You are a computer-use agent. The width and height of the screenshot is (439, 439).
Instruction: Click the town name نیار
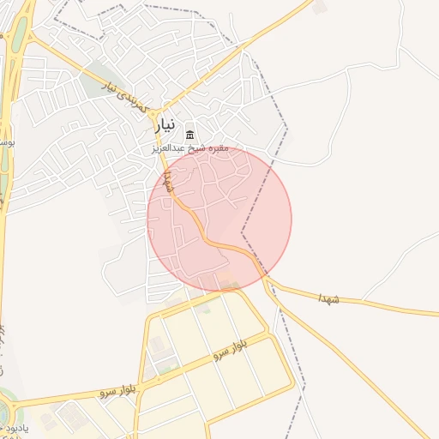165,125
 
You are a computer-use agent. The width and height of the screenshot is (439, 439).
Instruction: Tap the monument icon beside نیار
190,135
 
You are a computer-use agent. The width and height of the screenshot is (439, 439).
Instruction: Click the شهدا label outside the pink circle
328,298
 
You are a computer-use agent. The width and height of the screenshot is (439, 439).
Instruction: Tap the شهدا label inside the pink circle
169,181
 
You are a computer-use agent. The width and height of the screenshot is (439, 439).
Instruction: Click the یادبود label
13,426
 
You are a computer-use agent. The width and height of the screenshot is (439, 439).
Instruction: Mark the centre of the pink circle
219,219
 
